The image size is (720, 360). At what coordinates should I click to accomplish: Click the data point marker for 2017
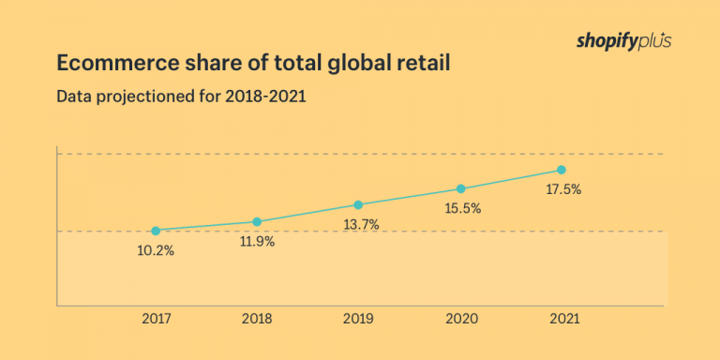(x=156, y=231)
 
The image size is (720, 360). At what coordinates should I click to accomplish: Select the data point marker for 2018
(x=257, y=222)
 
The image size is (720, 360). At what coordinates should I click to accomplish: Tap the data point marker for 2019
(x=358, y=204)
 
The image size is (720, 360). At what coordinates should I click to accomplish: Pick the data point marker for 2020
(x=460, y=188)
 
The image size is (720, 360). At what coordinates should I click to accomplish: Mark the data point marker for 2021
(x=562, y=170)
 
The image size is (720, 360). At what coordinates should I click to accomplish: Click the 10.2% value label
(x=156, y=250)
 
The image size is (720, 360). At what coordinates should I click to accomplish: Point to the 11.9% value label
(x=257, y=242)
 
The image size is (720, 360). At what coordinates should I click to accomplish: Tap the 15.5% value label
(x=461, y=209)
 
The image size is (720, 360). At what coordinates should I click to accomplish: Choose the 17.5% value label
(x=562, y=189)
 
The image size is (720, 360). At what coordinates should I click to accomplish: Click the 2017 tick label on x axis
(x=156, y=319)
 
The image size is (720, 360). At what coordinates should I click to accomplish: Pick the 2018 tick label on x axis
(x=257, y=319)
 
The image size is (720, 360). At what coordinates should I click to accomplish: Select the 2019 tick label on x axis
(x=359, y=319)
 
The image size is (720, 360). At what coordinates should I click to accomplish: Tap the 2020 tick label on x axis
(x=460, y=319)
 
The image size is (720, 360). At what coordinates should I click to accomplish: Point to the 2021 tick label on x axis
(x=562, y=319)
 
